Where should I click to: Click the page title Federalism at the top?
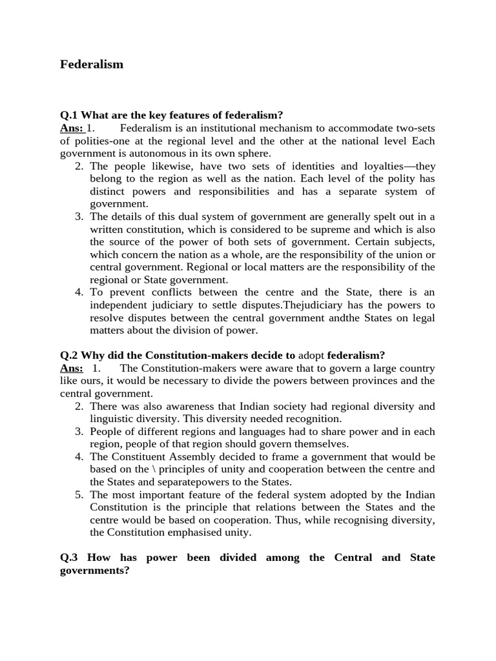[91, 65]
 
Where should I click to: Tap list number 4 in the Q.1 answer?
[79, 292]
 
